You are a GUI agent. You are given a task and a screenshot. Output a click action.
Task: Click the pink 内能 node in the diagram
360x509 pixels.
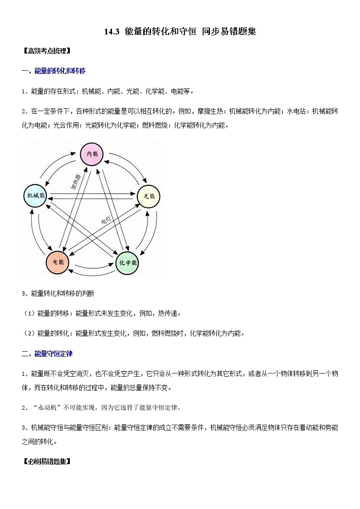pos(92,154)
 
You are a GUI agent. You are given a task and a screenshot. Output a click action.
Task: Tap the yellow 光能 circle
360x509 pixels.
pos(149,196)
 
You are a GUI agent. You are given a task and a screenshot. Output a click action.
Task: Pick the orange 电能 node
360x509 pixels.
pos(58,262)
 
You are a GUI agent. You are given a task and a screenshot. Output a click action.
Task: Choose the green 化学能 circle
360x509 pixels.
pos(127,263)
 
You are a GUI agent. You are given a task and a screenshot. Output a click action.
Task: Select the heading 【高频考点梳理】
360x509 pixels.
pos(46,51)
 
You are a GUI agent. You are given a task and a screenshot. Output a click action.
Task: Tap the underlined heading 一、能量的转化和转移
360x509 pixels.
pos(54,71)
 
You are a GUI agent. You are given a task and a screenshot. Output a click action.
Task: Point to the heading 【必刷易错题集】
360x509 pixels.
pos(46,462)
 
